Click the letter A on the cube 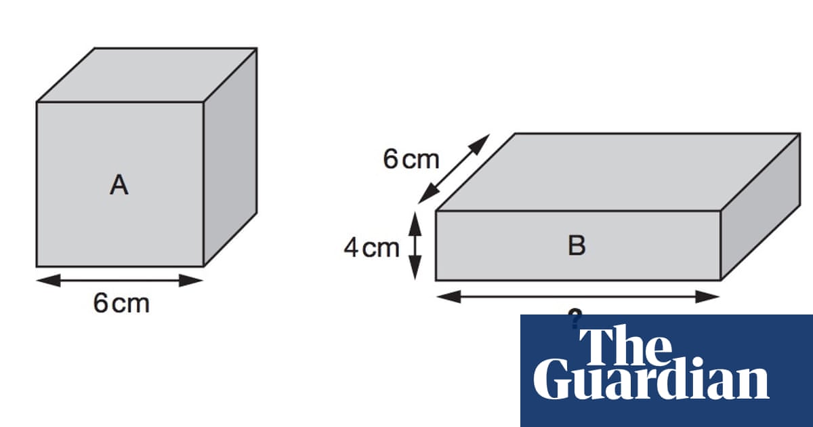coord(119,185)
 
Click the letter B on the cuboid coord(577,245)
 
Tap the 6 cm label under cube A coord(121,304)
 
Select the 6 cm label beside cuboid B coord(411,160)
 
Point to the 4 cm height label coord(372,248)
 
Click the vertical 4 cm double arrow coord(416,245)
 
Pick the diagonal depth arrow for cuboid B coord(453,169)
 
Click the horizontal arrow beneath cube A coord(120,280)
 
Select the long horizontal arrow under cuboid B coord(577,296)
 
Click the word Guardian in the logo coord(650,381)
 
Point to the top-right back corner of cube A coord(256,48)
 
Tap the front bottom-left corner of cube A coord(37,266)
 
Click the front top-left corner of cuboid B coord(436,211)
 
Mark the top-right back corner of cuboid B coord(799,134)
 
